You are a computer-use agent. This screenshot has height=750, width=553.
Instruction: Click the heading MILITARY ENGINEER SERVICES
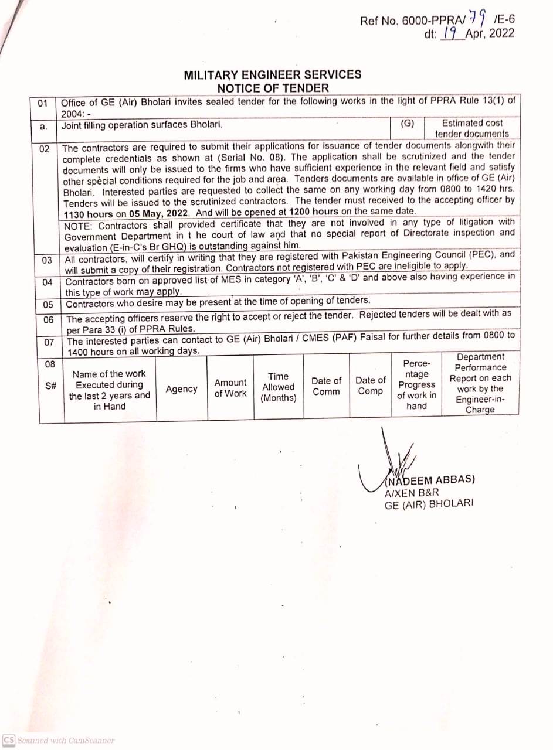pos(273,75)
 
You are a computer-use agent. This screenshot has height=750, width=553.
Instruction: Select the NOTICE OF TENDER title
pos(273,88)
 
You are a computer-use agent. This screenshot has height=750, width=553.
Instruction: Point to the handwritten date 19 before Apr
pos(450,33)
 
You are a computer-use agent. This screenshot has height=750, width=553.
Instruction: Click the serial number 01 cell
pos(43,104)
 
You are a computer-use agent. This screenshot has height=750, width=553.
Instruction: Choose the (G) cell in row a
pos(407,123)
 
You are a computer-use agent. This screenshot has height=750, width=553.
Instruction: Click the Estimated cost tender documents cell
pos(472,128)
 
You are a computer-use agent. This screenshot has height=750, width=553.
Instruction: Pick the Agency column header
pos(181,389)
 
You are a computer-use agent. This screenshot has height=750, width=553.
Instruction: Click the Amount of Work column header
pos(230,388)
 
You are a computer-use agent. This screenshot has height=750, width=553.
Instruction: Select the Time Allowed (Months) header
pos(279,387)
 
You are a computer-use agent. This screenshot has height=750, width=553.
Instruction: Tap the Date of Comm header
pos(326,386)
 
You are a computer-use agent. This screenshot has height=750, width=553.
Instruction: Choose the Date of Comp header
pos(371,386)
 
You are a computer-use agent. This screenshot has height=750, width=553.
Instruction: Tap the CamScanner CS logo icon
pos(9,740)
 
